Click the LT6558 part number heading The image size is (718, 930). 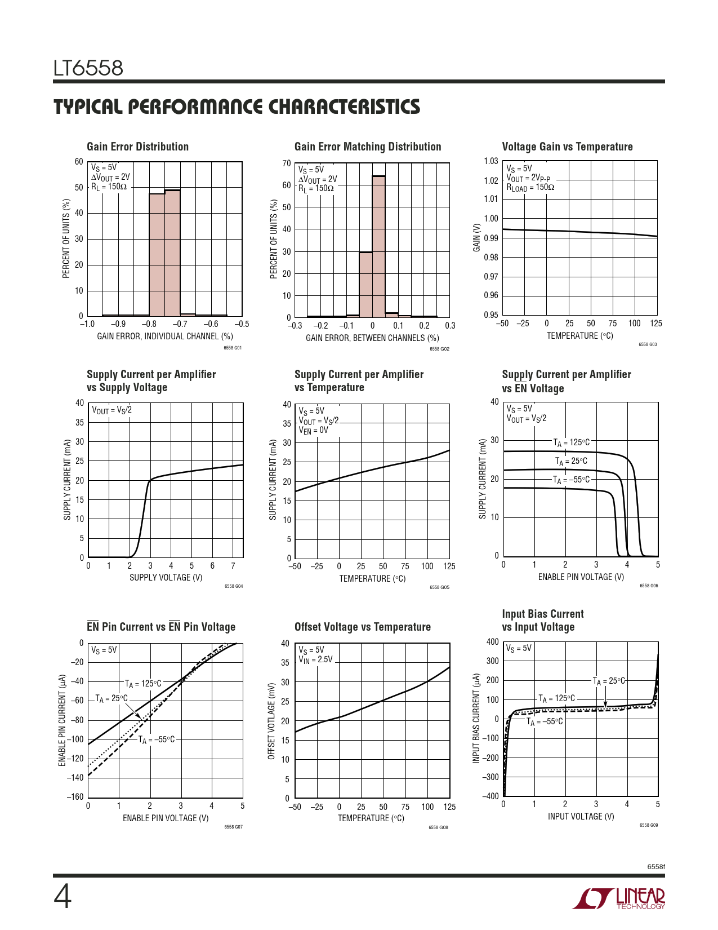(x=88, y=68)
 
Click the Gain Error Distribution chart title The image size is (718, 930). (x=137, y=147)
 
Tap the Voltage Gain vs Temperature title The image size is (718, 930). (x=567, y=147)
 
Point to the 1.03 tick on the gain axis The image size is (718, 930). (x=491, y=161)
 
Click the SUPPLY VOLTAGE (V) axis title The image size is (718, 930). (x=166, y=577)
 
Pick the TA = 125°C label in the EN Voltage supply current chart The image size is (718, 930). (x=571, y=442)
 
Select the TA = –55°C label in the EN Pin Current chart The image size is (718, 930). (x=157, y=739)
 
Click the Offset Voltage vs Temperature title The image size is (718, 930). (x=362, y=627)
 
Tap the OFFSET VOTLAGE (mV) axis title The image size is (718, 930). (x=271, y=722)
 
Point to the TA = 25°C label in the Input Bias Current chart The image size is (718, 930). (x=609, y=681)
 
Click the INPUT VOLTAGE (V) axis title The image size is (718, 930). (x=581, y=816)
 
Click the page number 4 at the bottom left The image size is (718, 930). (x=63, y=897)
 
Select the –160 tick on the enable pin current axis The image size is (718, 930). (x=75, y=797)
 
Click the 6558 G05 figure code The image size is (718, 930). (x=439, y=587)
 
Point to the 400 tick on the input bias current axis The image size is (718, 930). (x=492, y=642)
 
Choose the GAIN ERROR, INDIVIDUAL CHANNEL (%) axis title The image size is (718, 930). (x=165, y=336)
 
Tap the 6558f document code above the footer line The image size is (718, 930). (x=655, y=866)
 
